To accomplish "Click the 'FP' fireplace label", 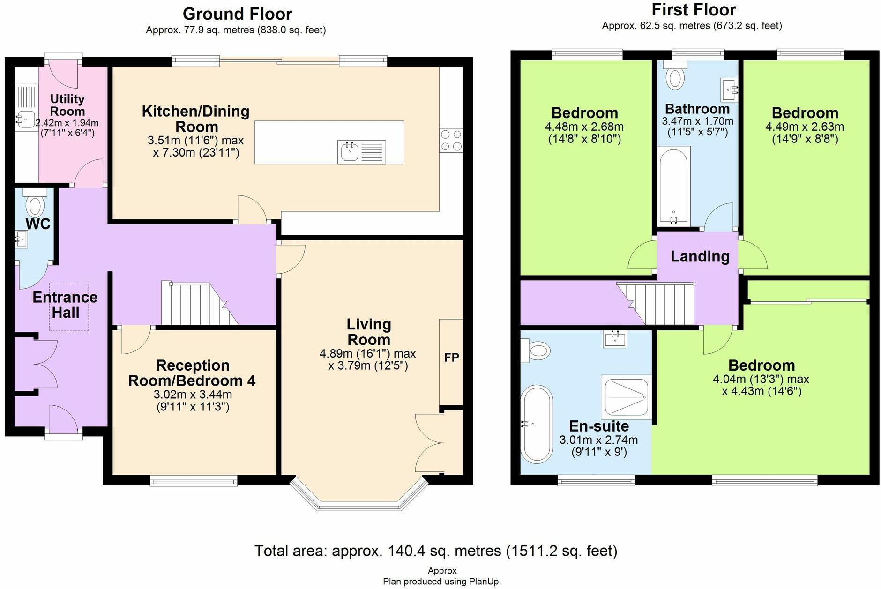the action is [x=451, y=358].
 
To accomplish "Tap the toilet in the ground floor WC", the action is [x=35, y=202].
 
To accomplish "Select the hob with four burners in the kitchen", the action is [x=451, y=141].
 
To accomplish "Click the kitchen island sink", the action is [x=349, y=152].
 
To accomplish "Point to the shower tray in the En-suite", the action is [x=627, y=397].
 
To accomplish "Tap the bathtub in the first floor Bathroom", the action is [x=673, y=186].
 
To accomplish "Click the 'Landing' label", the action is [x=700, y=256].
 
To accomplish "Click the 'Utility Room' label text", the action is [x=67, y=105].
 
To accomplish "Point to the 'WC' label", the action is [x=38, y=224].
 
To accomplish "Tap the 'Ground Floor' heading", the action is [x=237, y=14].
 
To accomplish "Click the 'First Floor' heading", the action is [x=694, y=10].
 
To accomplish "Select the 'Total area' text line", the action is [x=436, y=551].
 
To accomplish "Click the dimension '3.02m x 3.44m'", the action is [x=193, y=395].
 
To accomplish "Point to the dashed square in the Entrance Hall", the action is [x=69, y=306].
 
